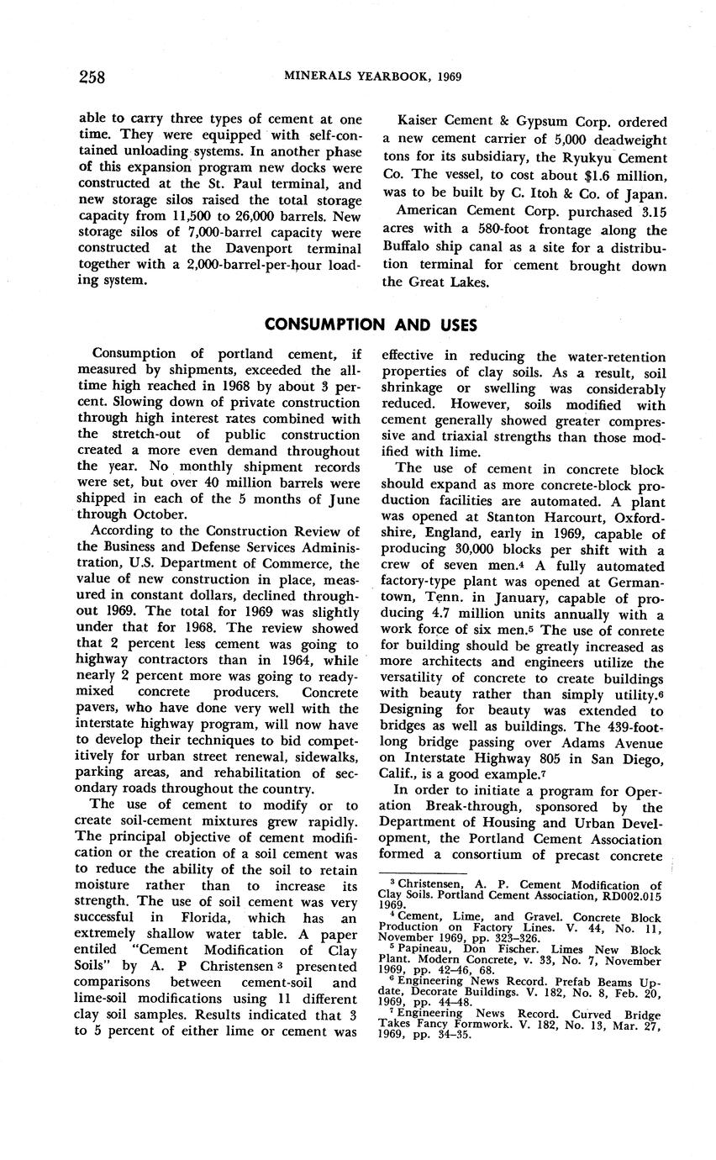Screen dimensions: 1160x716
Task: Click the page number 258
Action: click(x=92, y=77)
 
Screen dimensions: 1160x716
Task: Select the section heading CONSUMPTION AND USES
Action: click(x=371, y=324)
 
